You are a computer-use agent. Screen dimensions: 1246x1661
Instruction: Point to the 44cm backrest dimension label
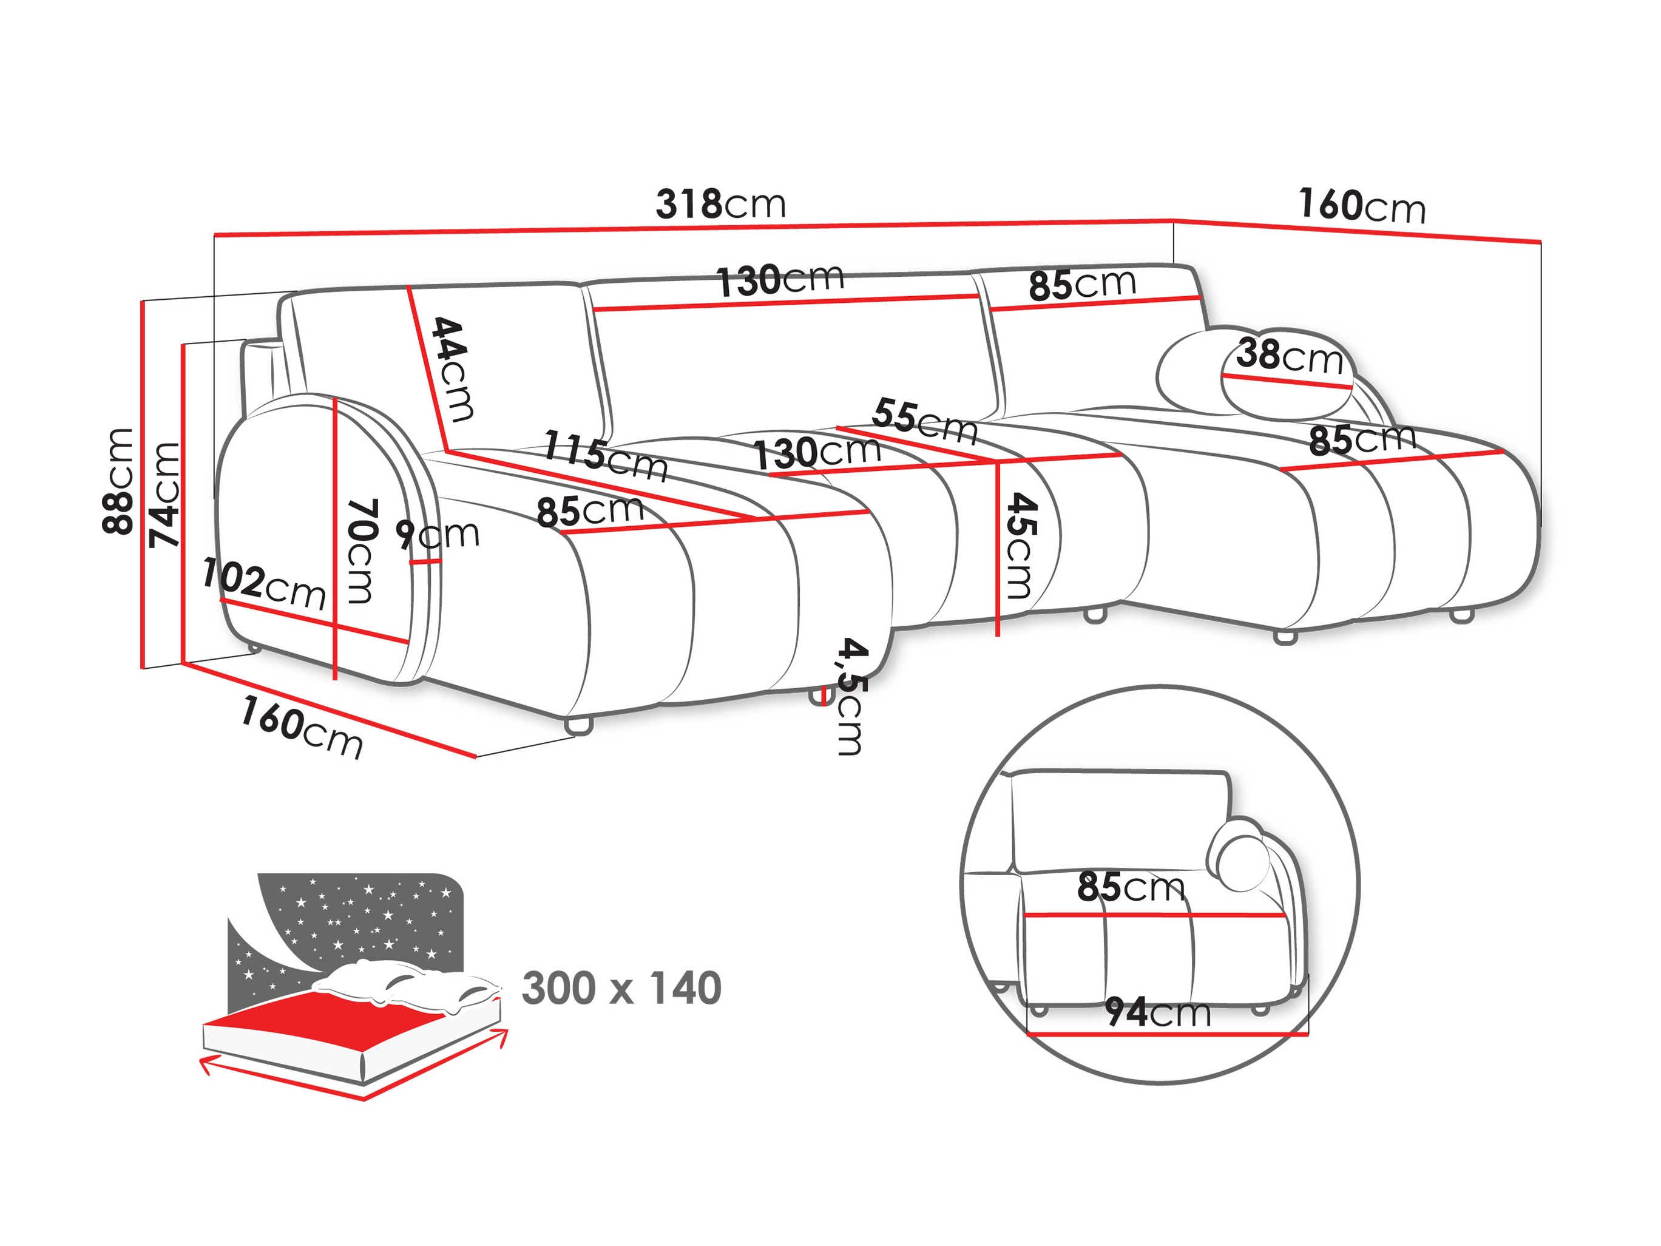coord(453,369)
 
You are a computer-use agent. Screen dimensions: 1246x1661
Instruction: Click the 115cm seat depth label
coord(605,455)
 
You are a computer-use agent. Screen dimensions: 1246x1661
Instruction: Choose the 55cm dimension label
coord(924,421)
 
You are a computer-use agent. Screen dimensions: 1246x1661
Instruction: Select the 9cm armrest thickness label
coord(438,534)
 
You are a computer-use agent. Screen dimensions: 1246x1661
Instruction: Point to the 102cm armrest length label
coord(263,584)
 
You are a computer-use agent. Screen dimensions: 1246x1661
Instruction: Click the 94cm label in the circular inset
coord(1157,1012)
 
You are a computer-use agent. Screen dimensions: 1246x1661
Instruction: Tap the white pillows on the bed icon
coord(405,984)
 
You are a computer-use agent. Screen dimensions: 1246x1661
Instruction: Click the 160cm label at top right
coord(1361,206)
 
